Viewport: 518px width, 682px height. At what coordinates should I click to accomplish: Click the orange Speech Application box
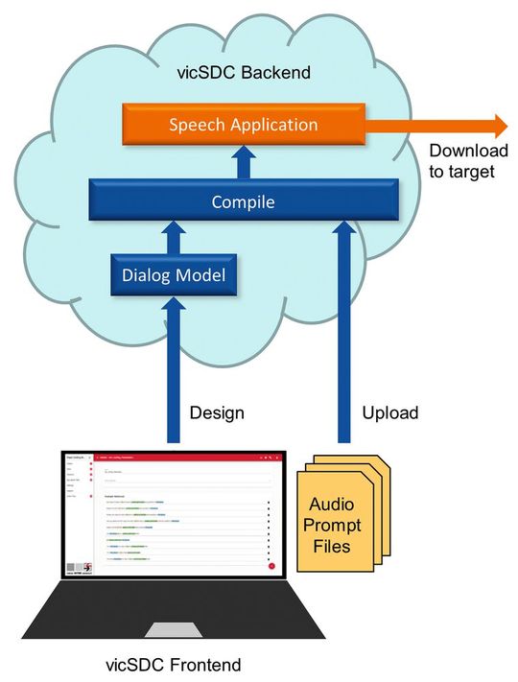click(x=243, y=125)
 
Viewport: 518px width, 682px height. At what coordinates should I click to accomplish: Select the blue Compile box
click(x=243, y=202)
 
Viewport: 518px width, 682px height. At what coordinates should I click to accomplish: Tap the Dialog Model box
click(x=174, y=276)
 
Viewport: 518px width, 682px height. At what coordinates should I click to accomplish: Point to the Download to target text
click(x=461, y=161)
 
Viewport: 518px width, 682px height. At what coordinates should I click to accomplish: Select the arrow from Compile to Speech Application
click(x=243, y=162)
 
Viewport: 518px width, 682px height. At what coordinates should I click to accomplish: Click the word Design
click(x=217, y=413)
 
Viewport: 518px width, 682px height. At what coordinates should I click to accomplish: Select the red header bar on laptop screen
click(x=182, y=460)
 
